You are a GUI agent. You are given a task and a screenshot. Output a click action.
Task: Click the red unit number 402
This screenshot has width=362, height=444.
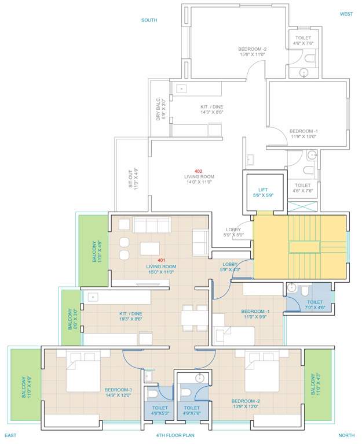[199, 172]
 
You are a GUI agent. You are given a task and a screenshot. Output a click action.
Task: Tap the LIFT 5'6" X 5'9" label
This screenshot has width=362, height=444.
[264, 193]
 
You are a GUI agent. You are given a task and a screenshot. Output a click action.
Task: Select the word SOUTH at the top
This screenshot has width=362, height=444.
[149, 20]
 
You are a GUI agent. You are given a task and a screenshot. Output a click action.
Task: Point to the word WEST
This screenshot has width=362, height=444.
[346, 14]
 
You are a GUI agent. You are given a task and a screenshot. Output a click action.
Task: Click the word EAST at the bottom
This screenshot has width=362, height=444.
[13, 435]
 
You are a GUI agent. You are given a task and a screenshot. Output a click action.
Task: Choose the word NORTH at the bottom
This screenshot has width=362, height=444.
[346, 435]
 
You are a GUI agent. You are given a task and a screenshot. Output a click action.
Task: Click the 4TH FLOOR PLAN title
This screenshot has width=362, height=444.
[175, 435]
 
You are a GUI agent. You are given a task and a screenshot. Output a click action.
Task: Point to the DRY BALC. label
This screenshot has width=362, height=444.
[160, 109]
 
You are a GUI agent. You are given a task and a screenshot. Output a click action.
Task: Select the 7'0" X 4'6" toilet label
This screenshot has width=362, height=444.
[315, 305]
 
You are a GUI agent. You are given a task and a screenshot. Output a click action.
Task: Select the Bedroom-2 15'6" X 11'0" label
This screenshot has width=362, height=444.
[252, 52]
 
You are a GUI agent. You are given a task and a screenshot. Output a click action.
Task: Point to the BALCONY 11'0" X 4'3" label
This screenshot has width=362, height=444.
[318, 384]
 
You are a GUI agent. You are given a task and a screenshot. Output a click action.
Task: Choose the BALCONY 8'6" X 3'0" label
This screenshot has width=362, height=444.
[71, 318]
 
